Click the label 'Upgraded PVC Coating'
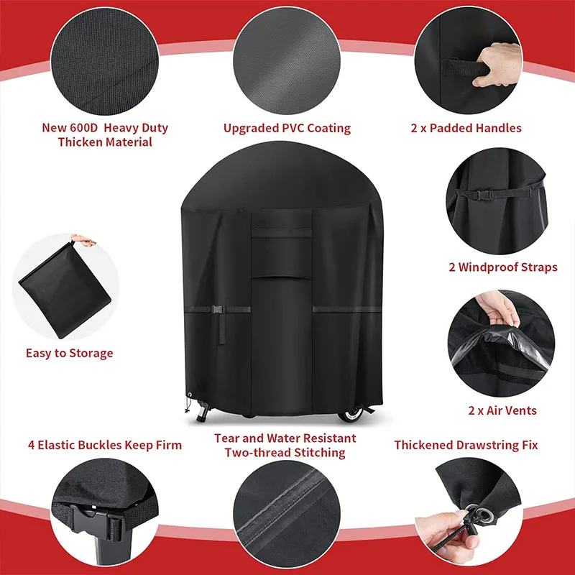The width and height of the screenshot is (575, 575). [287, 129]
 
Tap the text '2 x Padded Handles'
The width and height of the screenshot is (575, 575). [466, 129]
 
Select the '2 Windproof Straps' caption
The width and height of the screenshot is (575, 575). [502, 267]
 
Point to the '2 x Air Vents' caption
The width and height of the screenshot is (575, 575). [502, 411]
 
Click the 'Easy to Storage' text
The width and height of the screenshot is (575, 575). [70, 353]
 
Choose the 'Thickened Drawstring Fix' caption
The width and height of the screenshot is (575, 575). [466, 445]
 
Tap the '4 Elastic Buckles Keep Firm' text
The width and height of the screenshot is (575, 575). [105, 445]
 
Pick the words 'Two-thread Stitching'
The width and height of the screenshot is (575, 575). [285, 453]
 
